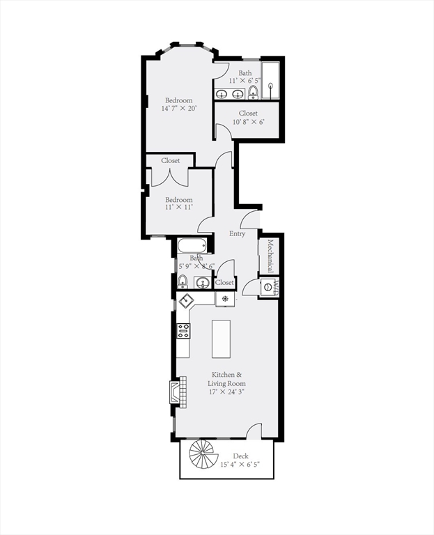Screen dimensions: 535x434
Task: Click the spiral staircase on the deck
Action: pyautogui.click(x=203, y=456)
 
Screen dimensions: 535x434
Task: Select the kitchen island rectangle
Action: pyautogui.click(x=221, y=339)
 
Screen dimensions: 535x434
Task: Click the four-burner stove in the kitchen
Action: pyautogui.click(x=184, y=331)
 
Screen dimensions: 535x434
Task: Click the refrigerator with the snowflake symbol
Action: pyautogui.click(x=225, y=300)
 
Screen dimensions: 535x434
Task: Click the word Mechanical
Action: pyautogui.click(x=270, y=257)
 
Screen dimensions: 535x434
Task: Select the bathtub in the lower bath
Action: pyautogui.click(x=192, y=246)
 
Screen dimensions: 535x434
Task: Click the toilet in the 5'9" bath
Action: pyautogui.click(x=183, y=281)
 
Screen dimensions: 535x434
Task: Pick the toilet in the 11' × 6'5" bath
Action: pyautogui.click(x=253, y=92)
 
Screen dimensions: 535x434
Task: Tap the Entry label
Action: pyautogui.click(x=238, y=234)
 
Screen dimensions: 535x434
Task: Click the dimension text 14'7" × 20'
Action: pyautogui.click(x=179, y=109)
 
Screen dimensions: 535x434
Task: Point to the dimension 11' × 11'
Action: pyautogui.click(x=178, y=207)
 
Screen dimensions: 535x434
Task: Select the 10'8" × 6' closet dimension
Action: pyautogui.click(x=248, y=122)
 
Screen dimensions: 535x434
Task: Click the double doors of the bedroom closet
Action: pyautogui.click(x=169, y=177)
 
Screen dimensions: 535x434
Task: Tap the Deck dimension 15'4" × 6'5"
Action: pyautogui.click(x=240, y=465)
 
